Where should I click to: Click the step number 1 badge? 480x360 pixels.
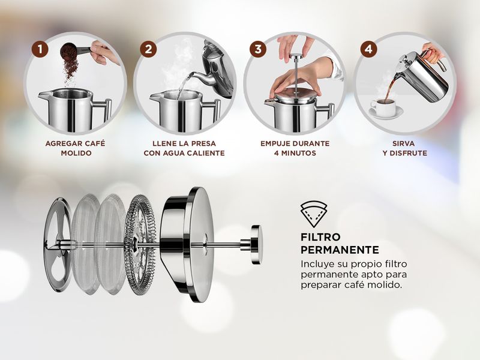pyautogui.click(x=40, y=49)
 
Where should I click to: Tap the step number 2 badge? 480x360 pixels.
pyautogui.click(x=148, y=49)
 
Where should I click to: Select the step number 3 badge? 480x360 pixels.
pyautogui.click(x=258, y=49)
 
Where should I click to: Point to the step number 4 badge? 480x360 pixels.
pyautogui.click(x=368, y=49)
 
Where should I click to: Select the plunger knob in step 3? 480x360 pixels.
pyautogui.click(x=295, y=56)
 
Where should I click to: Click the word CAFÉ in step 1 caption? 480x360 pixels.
pyautogui.click(x=95, y=143)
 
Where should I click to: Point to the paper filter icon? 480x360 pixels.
pyautogui.click(x=313, y=214)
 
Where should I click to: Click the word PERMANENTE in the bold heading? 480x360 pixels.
pyautogui.click(x=340, y=250)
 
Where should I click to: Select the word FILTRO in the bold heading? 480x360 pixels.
pyautogui.click(x=320, y=237)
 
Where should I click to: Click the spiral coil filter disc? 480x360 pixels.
pyautogui.click(x=140, y=244)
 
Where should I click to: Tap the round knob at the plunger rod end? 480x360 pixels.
pyautogui.click(x=256, y=245)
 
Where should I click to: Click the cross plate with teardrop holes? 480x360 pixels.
pyautogui.click(x=58, y=244)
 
